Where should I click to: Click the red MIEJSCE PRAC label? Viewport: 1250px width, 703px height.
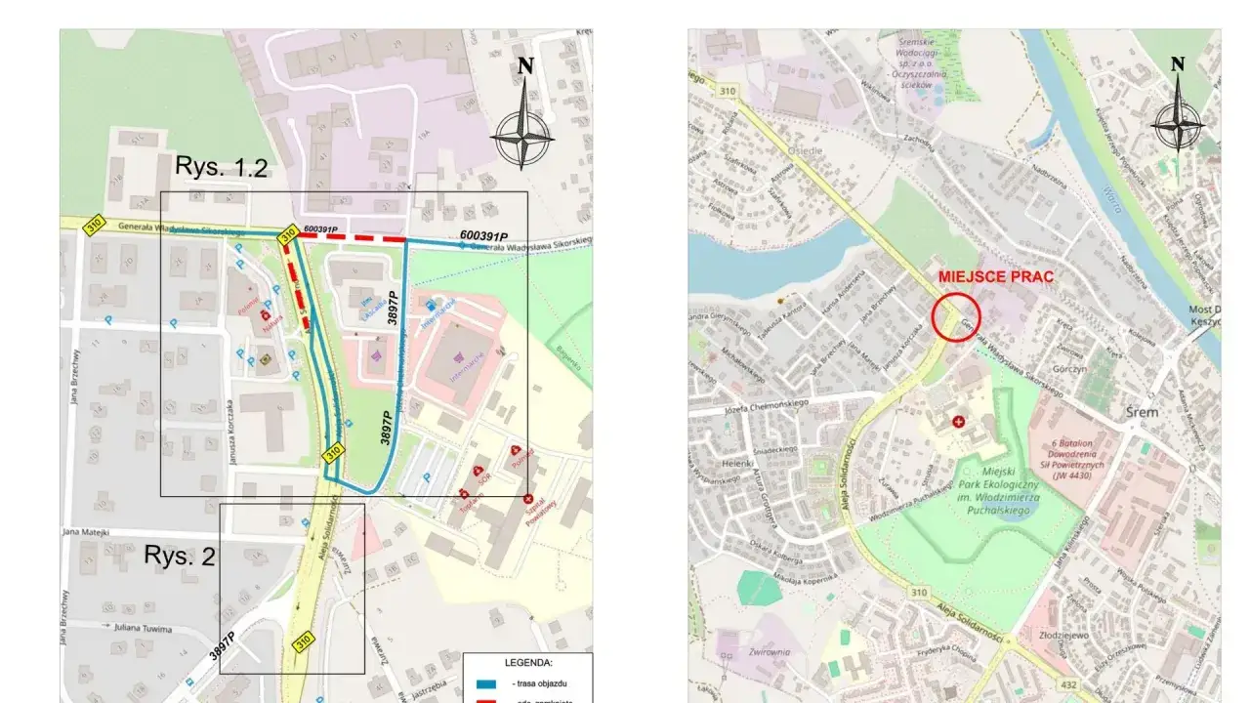(995, 276)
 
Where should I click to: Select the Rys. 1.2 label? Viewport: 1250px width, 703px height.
(221, 167)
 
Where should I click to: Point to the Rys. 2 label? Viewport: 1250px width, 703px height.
(180, 556)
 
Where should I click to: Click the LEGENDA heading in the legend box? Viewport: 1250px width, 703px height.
(527, 662)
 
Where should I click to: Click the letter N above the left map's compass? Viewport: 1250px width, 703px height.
(525, 66)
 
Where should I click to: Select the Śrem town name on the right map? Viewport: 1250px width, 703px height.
(1141, 412)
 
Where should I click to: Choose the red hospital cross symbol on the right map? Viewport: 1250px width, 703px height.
(958, 422)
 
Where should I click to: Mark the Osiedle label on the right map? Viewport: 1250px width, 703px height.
(808, 151)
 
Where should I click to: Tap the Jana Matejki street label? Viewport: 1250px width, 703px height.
(82, 532)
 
